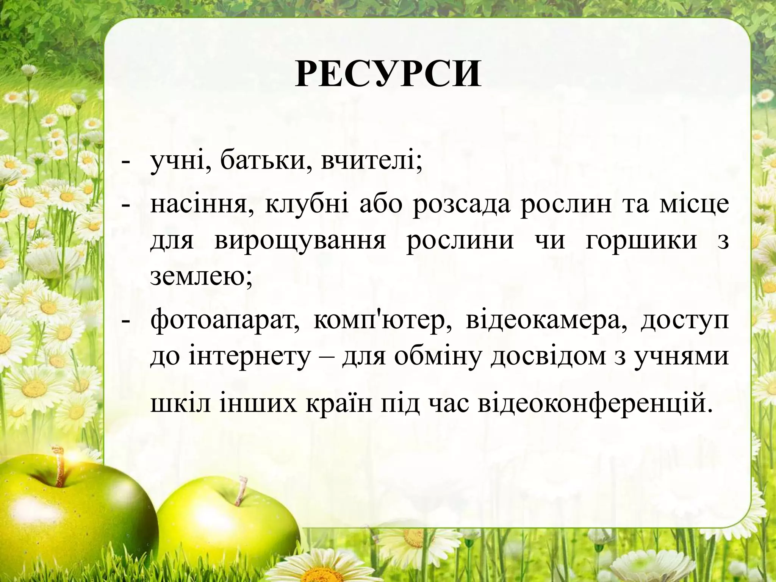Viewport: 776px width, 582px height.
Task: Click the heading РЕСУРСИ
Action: [x=388, y=74]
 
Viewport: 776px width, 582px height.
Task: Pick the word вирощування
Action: [x=300, y=241]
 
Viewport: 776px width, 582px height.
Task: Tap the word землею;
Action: [x=201, y=277]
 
